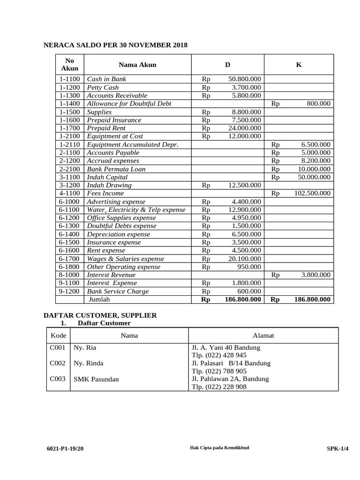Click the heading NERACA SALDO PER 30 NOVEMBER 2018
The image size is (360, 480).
[x=115, y=45]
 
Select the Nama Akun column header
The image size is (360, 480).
[x=137, y=65]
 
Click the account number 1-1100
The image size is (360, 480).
[x=70, y=79]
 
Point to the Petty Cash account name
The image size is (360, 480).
[x=103, y=88]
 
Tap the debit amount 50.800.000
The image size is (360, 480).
[x=244, y=79]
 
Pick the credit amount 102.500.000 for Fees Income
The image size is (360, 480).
[x=312, y=193]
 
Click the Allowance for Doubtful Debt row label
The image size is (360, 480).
[x=129, y=104]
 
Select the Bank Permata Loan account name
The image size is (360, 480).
[x=116, y=169]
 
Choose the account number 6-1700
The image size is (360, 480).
[x=70, y=259]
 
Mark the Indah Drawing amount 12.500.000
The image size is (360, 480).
[x=244, y=185]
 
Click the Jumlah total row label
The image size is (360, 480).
[x=99, y=300]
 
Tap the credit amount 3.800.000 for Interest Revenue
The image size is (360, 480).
[x=315, y=275]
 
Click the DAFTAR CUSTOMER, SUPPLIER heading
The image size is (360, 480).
[x=100, y=315]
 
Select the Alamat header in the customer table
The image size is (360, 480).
[x=263, y=336]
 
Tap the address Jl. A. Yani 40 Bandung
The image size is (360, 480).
[x=226, y=348]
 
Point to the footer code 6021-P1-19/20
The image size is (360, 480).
[x=65, y=449]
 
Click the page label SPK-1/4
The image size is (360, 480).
[x=337, y=449]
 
